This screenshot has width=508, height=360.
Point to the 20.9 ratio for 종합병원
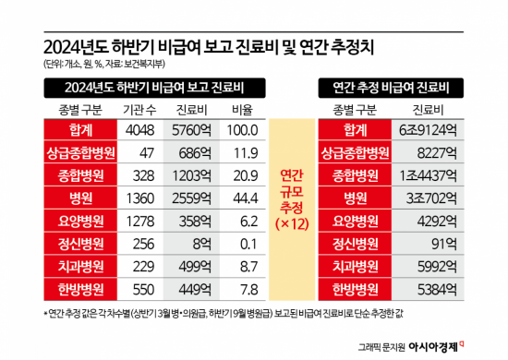242,176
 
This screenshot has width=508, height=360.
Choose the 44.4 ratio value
242,198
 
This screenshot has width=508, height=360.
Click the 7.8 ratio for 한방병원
242,288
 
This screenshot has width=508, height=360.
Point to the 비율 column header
242,110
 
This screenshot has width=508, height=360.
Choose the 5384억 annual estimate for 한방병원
431,288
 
